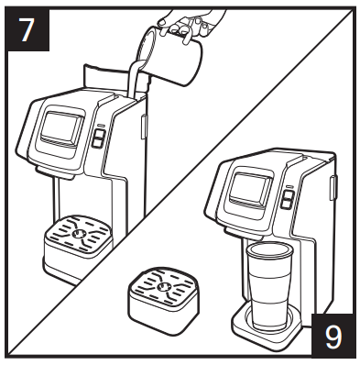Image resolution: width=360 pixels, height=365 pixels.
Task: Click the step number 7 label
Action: (x=28, y=29)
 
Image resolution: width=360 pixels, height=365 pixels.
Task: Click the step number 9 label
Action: (x=333, y=336)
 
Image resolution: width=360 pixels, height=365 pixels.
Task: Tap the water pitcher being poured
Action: (x=169, y=56)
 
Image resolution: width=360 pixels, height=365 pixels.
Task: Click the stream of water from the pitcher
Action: (x=135, y=79)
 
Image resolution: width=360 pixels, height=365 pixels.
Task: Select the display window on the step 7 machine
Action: (x=62, y=127)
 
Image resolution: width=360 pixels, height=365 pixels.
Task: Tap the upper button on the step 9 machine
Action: (x=288, y=195)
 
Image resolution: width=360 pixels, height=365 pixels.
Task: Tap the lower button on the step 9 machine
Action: (x=287, y=205)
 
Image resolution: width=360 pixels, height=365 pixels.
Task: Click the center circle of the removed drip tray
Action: (x=163, y=287)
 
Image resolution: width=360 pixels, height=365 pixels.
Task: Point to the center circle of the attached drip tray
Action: (x=78, y=234)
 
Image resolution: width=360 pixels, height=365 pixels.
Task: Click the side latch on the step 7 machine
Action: (x=144, y=127)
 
